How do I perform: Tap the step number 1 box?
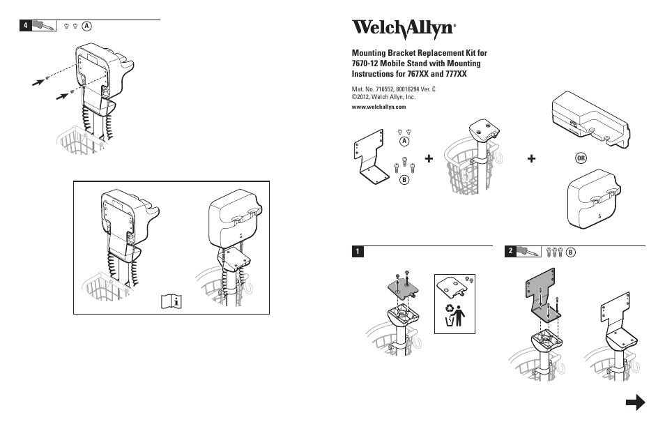coord(357,251)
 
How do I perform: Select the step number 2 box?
coord(511,250)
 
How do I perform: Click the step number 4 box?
coord(26,26)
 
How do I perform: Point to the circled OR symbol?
coord(581,159)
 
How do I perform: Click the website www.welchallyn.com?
coord(379,107)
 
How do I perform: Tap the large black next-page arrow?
coord(634,402)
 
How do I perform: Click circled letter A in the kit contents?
coord(404,142)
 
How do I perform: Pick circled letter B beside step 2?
coord(570,251)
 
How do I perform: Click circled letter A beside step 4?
coord(86,26)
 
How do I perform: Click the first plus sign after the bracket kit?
coord(428,160)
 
